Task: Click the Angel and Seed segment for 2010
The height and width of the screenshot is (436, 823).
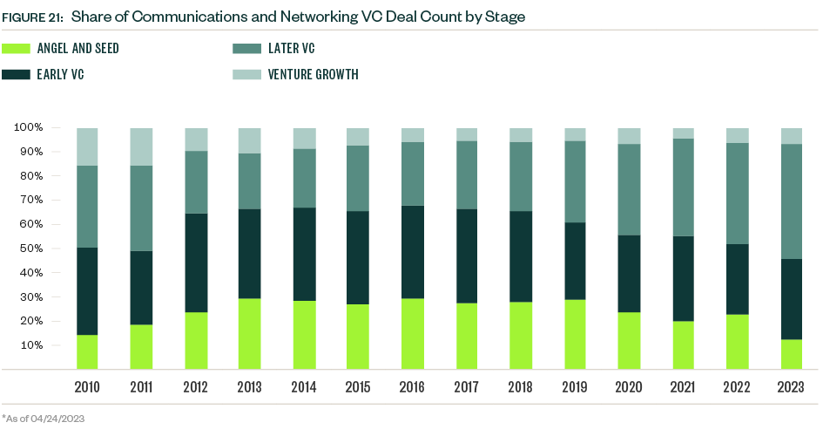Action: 87,351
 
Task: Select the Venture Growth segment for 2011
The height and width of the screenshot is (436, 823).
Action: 141,146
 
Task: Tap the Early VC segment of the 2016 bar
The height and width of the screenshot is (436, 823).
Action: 412,252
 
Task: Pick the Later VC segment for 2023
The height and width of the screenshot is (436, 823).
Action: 792,201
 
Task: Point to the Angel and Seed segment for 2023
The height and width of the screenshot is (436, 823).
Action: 792,354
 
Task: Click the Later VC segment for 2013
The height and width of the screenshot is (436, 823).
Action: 249,181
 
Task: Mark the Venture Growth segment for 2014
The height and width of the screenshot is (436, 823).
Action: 304,139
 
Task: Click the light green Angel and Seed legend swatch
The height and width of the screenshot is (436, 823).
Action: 17,49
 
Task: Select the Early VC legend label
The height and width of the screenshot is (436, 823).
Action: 60,74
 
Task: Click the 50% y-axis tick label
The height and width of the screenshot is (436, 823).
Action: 31,249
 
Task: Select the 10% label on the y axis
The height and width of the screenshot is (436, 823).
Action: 31,345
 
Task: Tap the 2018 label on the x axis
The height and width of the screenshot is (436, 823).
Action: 521,386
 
